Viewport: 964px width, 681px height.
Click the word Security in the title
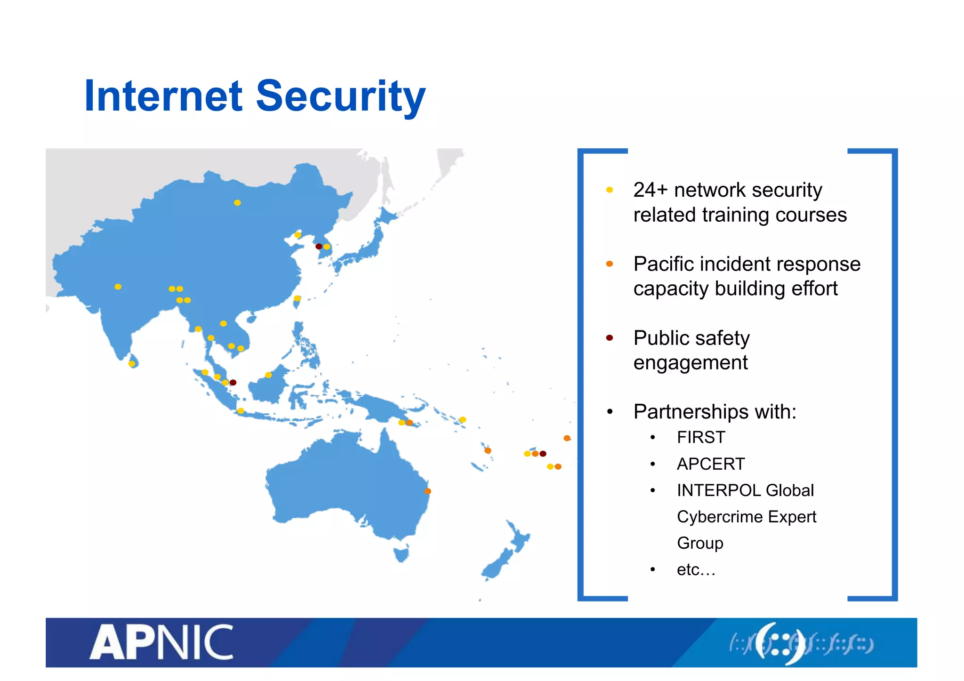(x=340, y=96)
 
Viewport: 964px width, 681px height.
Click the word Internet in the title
(x=163, y=96)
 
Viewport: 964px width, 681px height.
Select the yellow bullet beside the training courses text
(x=610, y=190)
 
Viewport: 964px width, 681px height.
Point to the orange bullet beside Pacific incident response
(x=610, y=264)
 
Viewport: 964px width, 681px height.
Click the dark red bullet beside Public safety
(x=610, y=338)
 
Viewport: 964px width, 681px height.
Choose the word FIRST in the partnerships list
(x=701, y=438)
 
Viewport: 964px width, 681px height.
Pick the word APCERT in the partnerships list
(x=711, y=464)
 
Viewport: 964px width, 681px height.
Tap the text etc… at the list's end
(x=696, y=570)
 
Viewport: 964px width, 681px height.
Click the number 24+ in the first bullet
(x=650, y=190)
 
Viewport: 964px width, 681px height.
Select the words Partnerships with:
(x=715, y=412)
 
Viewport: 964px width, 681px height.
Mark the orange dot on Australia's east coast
(x=428, y=491)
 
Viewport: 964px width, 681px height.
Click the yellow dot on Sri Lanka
(x=132, y=364)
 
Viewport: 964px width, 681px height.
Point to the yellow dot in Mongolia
(x=237, y=203)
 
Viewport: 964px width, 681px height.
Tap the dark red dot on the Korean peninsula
(x=319, y=247)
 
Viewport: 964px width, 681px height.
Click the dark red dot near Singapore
(x=233, y=383)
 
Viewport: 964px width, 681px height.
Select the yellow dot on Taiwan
(x=297, y=298)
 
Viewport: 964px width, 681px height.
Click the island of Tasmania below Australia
(x=401, y=553)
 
